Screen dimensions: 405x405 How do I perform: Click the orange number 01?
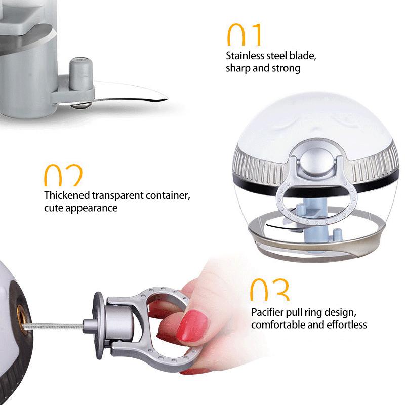click(244, 34)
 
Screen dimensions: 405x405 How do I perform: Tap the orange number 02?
click(63, 175)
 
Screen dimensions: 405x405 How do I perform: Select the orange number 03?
click(270, 289)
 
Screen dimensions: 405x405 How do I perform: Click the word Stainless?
click(245, 56)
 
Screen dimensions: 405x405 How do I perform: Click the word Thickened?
click(67, 195)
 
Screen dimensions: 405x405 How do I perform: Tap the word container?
click(168, 195)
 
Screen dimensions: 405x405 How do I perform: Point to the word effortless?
click(347, 325)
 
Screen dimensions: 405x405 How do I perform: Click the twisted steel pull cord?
click(54, 326)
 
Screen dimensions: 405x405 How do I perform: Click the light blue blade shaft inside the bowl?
click(313, 227)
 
